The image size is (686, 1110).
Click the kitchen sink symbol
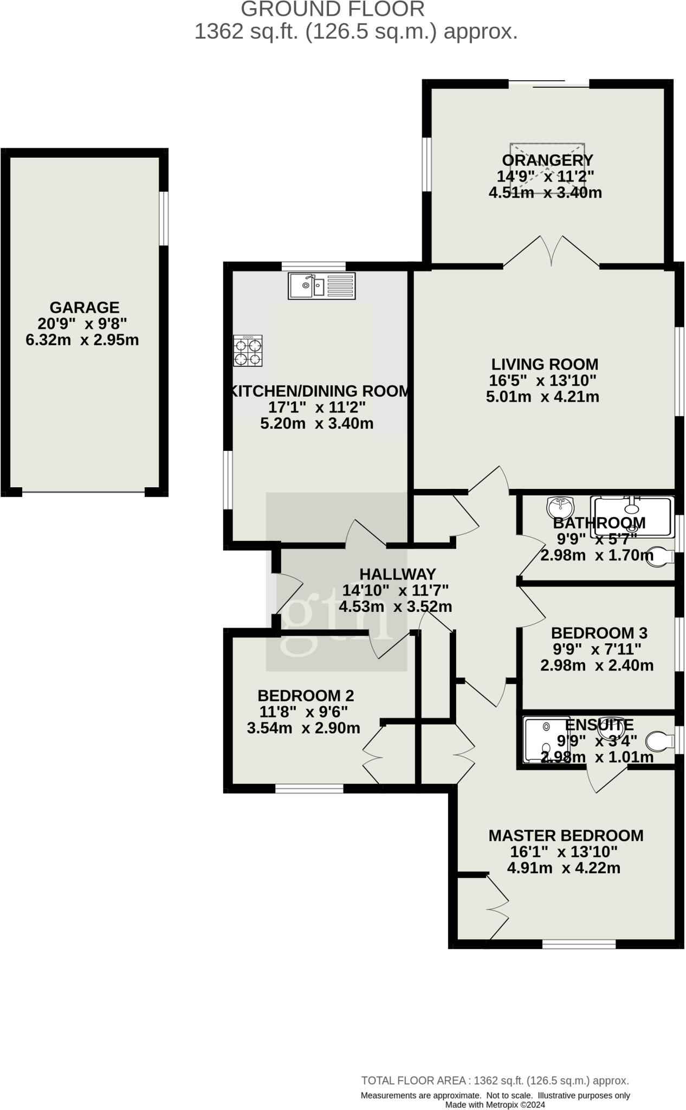[321, 286]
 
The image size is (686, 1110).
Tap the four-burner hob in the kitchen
[248, 351]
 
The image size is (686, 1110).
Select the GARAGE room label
[85, 307]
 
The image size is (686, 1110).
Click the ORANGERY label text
[547, 160]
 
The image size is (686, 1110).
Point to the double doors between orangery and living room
[552, 251]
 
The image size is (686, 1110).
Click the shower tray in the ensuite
[546, 740]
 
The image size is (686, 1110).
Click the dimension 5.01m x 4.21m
[542, 397]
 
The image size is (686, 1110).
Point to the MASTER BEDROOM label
[566, 836]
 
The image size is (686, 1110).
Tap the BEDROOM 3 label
[599, 633]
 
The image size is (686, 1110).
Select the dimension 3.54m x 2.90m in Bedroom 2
[303, 728]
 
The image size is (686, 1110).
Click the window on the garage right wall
[164, 218]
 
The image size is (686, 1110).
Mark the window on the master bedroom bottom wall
[579, 945]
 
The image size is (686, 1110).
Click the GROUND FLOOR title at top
[333, 9]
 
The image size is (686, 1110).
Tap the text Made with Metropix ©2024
[495, 1105]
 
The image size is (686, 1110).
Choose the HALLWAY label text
[398, 574]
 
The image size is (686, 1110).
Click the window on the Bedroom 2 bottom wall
[309, 788]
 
